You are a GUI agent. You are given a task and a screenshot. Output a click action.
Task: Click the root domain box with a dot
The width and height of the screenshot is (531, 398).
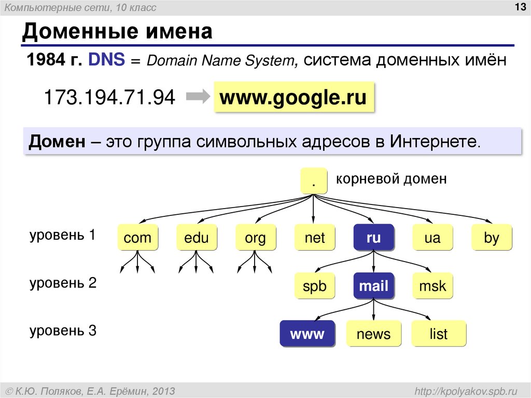click(314, 181)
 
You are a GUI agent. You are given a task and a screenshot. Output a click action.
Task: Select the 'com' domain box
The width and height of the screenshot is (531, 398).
click(137, 237)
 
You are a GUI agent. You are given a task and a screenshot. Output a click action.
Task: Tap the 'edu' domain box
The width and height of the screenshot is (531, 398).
click(197, 237)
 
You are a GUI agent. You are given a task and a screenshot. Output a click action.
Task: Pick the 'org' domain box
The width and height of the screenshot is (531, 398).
click(255, 237)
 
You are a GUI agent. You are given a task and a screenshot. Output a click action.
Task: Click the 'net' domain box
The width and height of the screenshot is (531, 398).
click(315, 237)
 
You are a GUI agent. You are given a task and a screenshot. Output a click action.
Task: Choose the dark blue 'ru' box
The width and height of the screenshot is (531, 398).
click(373, 237)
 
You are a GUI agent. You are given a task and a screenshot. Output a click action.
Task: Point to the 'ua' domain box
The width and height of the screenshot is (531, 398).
click(432, 237)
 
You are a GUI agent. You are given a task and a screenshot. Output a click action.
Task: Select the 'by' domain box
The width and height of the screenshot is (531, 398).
click(492, 237)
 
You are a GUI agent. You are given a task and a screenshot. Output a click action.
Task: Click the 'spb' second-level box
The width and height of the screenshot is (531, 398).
click(315, 286)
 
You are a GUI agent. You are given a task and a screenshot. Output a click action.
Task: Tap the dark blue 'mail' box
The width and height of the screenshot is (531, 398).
click(373, 286)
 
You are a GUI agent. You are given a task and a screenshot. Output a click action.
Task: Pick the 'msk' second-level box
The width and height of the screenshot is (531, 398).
click(432, 286)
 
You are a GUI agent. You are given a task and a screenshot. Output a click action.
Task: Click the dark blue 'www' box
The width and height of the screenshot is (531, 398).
click(307, 334)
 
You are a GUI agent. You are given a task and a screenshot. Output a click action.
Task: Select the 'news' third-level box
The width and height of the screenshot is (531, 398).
click(373, 334)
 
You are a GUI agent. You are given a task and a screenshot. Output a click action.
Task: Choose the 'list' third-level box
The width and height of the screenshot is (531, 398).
click(439, 334)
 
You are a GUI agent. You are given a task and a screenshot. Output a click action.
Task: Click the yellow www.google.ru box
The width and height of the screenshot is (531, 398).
click(294, 97)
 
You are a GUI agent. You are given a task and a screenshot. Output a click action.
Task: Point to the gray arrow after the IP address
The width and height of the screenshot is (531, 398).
click(199, 97)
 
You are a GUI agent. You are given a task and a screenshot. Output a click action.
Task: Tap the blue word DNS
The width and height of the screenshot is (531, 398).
click(106, 59)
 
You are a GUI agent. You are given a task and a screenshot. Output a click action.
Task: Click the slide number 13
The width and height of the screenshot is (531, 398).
click(520, 7)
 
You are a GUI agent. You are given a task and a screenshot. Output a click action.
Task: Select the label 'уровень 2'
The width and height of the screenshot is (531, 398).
click(63, 283)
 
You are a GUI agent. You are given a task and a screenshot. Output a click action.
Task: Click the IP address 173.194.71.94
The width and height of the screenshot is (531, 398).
click(110, 98)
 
